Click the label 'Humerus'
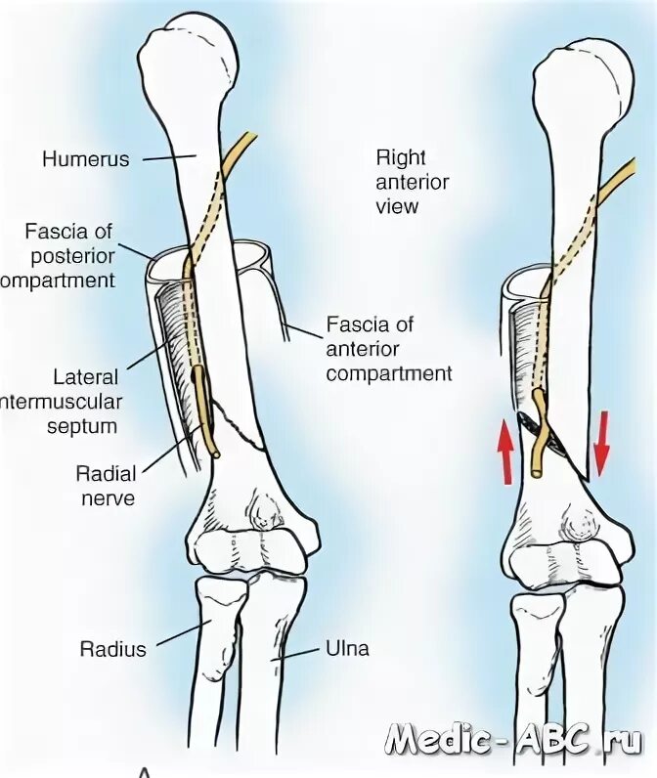pyautogui.click(x=85, y=158)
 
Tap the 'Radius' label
pyautogui.click(x=113, y=648)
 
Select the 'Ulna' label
pyautogui.click(x=347, y=648)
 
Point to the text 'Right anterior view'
pyautogui.click(x=412, y=181)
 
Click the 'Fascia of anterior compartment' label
pyautogui.click(x=389, y=347)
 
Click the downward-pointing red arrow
pyautogui.click(x=601, y=442)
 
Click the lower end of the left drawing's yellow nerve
pyautogui.click(x=214, y=454)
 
